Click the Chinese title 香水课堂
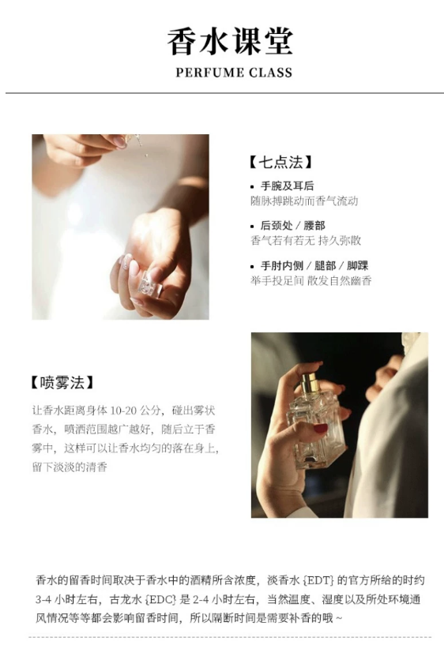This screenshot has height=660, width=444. point(230,41)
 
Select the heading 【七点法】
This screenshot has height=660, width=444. point(281,162)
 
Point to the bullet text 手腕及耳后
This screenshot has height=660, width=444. point(287,186)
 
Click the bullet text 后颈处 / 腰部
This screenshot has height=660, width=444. point(292,226)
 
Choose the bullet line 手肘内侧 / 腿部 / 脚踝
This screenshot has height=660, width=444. point(314,265)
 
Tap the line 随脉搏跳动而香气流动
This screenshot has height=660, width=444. point(304,201)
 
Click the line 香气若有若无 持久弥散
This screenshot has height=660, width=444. point(306,240)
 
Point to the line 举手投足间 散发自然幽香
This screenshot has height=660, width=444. point(311,280)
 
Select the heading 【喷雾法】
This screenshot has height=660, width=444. point(62,383)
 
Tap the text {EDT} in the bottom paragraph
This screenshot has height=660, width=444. point(318,580)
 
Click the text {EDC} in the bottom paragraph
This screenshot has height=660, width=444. point(160,599)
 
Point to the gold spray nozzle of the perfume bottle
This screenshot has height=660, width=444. point(308,381)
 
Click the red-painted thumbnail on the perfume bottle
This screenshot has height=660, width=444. point(321,429)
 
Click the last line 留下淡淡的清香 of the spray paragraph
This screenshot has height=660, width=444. point(70,467)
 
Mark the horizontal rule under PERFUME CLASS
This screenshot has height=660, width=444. point(224,93)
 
